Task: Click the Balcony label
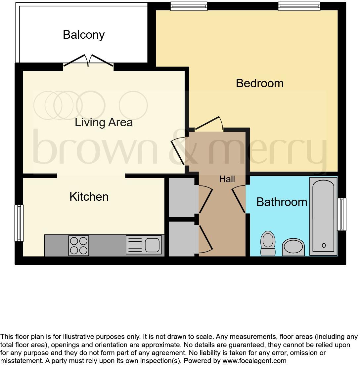tap(84, 35)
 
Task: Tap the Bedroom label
tap(260, 83)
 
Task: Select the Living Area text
tap(104, 122)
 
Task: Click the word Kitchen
tap(89, 197)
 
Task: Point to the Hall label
tap(227, 179)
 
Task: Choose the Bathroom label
tap(282, 202)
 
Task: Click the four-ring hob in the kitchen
tap(79, 246)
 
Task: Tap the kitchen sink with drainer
tap(144, 245)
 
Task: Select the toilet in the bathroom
tap(268, 243)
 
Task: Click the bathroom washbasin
tap(293, 247)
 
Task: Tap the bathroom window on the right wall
tap(341, 214)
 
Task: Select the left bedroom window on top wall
tap(189, 6)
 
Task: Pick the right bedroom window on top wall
tap(299, 6)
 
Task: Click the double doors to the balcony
tap(88, 61)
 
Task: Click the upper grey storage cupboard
tap(182, 197)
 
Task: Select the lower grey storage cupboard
tap(182, 239)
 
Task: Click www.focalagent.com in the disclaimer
tap(254, 361)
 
